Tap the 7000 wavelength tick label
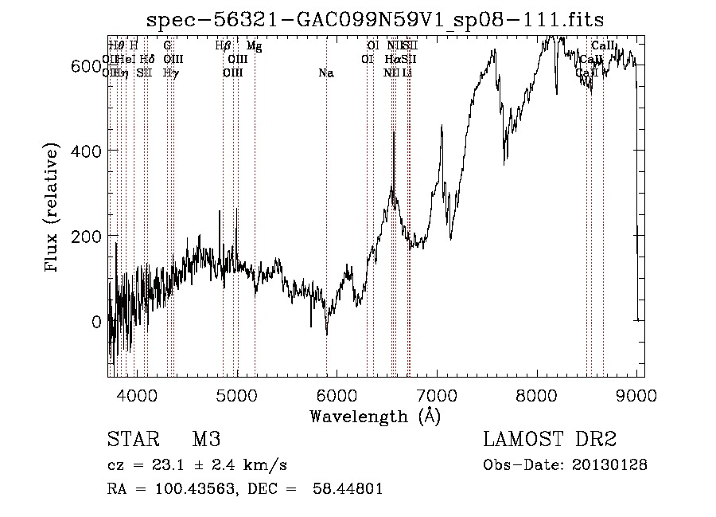coord(437,396)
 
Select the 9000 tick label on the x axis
coord(637,396)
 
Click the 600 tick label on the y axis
coord(85,66)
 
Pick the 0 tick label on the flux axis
coord(96,322)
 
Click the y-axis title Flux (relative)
coord(53,209)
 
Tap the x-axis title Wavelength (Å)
coord(375,416)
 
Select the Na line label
coord(325,73)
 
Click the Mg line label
coord(255,46)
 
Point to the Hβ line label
coord(224,46)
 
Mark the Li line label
coord(407,73)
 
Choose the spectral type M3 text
coord(206,441)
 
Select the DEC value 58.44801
coord(351,489)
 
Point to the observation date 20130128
coord(608,464)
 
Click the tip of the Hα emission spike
coord(394,132)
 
